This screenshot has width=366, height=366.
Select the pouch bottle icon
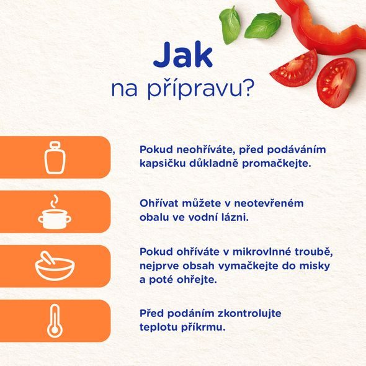point(54,157)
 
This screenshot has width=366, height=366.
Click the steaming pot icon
point(54,213)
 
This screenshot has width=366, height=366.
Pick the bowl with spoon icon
point(54,266)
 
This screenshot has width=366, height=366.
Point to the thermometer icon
point(54,321)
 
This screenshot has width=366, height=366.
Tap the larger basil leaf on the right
point(263,25)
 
